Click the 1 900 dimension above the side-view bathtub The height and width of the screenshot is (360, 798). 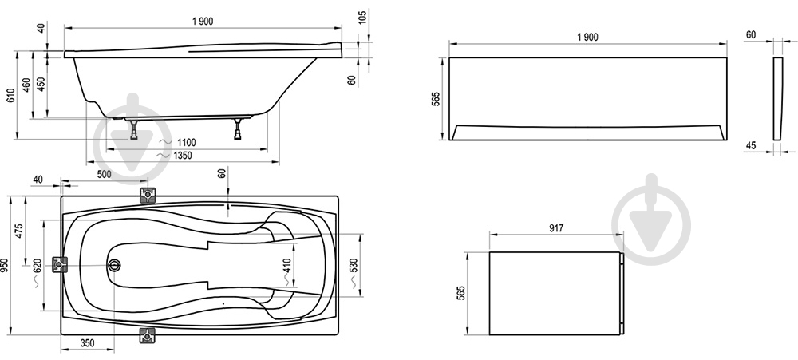tap(203, 21)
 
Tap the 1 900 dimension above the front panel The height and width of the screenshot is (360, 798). tap(588, 38)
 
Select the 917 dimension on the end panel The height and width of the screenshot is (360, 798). tap(556, 228)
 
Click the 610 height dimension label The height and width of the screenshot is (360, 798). tap(10, 95)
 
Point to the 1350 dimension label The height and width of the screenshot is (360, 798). tap(182, 156)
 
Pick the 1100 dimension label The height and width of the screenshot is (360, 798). tap(186, 143)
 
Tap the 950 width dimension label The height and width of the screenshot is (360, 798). tap(4, 265)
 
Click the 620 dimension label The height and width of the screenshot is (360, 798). tap(37, 267)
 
